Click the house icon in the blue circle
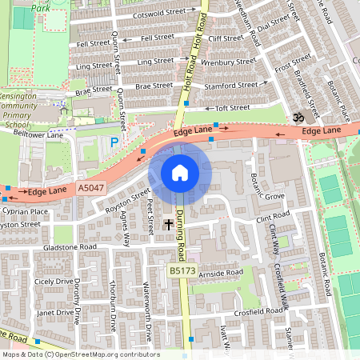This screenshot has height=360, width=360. tap(180, 173)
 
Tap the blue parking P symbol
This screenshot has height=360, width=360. tap(114, 142)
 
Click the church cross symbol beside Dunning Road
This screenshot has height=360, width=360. tap(168, 225)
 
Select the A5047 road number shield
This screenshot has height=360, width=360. tap(91, 187)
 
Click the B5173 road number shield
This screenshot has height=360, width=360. tap(181, 272)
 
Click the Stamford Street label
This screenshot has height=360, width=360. tap(231, 84)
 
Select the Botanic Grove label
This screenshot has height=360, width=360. tap(268, 195)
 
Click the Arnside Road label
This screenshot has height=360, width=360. tap(222, 273)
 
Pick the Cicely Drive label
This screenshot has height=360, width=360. tap(54, 282)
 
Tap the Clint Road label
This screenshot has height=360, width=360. tap(273, 216)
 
